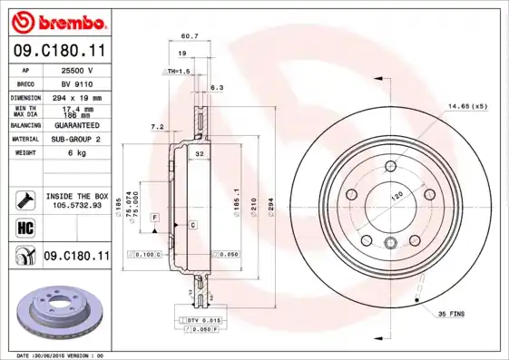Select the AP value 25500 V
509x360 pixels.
tap(76, 70)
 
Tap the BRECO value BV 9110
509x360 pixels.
tap(76, 83)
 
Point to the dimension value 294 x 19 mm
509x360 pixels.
tap(76, 97)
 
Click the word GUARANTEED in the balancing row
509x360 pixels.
tap(76, 125)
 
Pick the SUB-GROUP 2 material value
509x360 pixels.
tap(76, 139)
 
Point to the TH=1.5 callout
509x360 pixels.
tap(178, 71)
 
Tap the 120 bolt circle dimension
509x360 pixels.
tap(396, 196)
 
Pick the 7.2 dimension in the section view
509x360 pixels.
tap(156, 127)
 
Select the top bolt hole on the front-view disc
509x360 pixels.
tap(389, 166)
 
